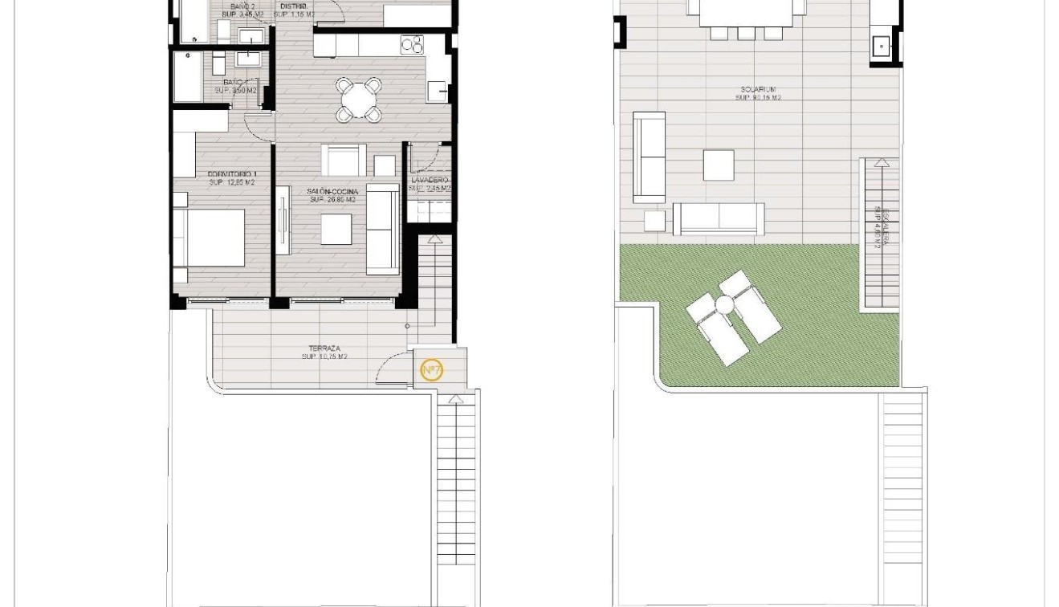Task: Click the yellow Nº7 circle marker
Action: (431, 369)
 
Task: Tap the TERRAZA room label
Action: (324, 348)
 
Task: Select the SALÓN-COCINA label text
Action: (332, 192)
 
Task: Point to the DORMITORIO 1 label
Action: (232, 174)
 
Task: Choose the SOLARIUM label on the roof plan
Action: (758, 90)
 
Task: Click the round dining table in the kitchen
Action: (359, 100)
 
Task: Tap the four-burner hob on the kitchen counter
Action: (412, 45)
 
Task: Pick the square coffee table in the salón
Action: (336, 230)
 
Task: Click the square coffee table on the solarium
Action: (719, 165)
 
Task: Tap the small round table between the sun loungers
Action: (725, 305)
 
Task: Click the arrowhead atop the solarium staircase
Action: (881, 162)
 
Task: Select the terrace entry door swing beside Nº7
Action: (393, 369)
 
